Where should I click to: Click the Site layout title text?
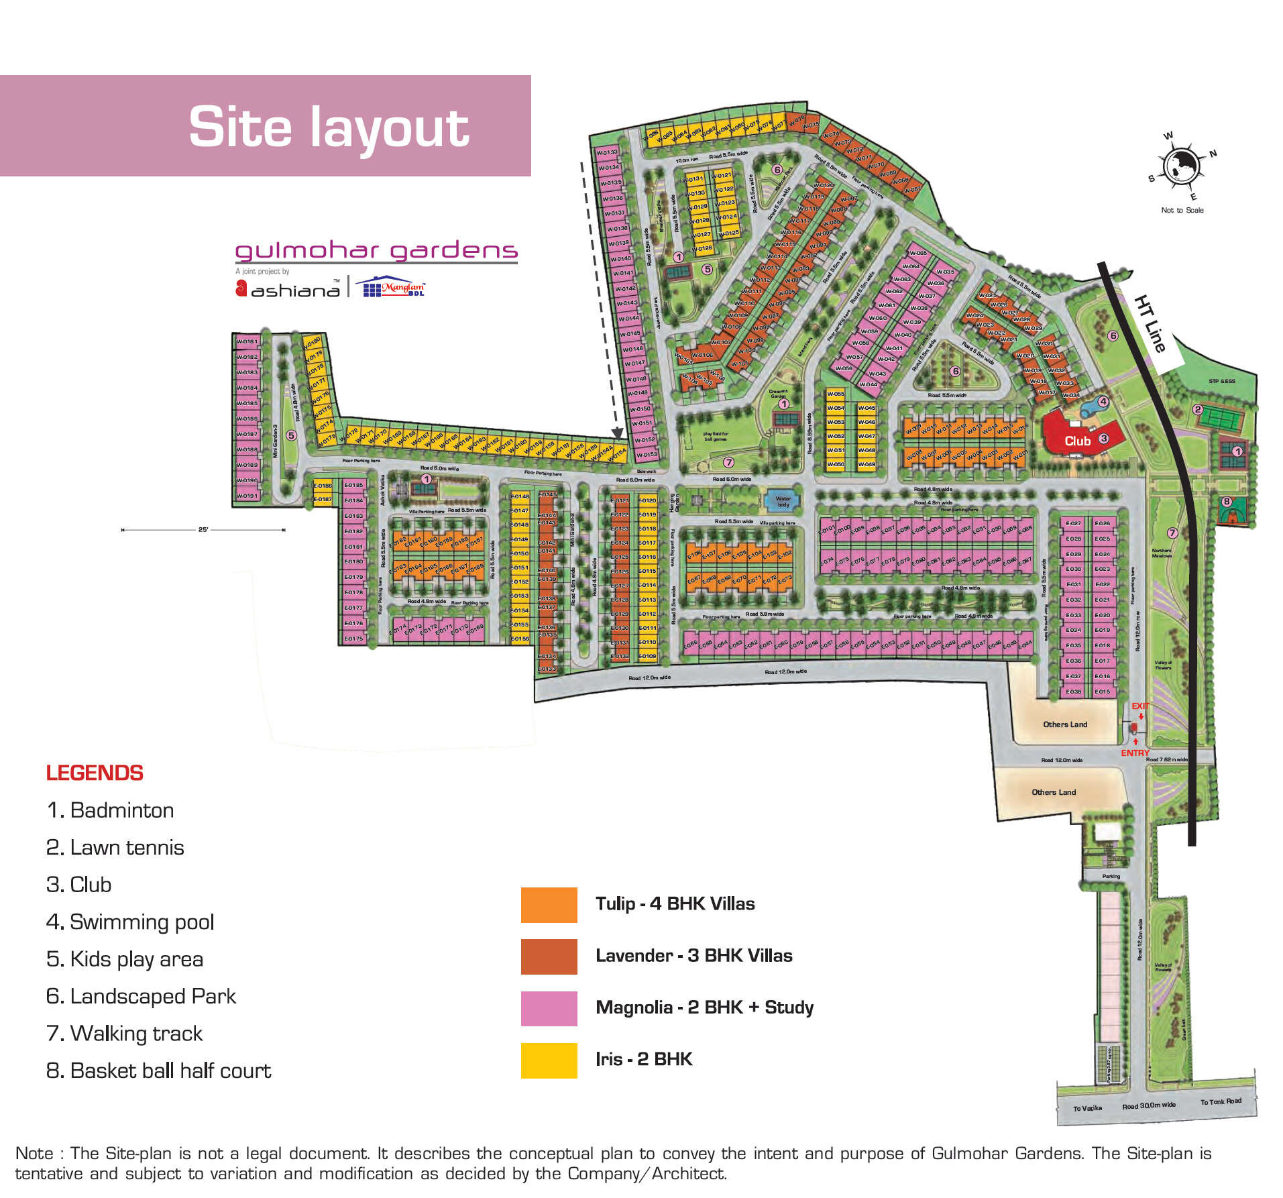click(329, 127)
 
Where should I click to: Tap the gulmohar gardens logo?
click(376, 251)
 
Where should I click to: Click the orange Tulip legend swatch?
click(549, 904)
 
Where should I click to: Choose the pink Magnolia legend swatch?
click(549, 1008)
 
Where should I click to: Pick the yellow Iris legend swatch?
click(549, 1060)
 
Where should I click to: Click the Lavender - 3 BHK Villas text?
click(693, 956)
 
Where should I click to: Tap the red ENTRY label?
click(1135, 753)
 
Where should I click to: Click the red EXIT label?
click(1140, 706)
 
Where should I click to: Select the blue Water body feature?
click(783, 500)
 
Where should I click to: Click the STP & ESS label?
click(1221, 381)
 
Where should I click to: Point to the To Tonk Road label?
click(1220, 1101)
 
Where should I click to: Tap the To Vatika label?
click(1087, 1108)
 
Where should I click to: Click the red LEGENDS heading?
click(95, 773)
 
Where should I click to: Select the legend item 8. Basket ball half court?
click(158, 1071)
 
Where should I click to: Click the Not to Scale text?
click(1182, 210)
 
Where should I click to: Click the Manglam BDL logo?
click(394, 287)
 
